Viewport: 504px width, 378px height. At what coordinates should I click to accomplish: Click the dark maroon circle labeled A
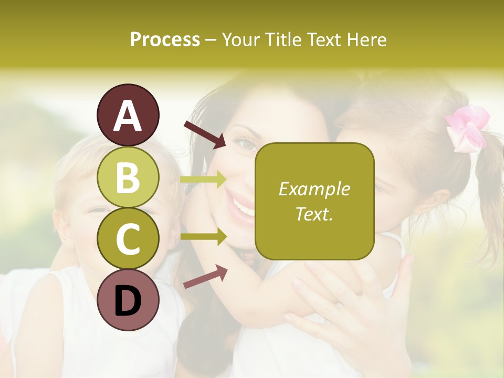pyautogui.click(x=128, y=115)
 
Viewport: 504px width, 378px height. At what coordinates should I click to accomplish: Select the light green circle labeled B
pyautogui.click(x=128, y=176)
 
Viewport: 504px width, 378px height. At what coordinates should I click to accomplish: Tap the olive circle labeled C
pyautogui.click(x=128, y=238)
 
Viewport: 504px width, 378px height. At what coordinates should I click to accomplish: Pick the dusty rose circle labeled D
pyautogui.click(x=128, y=300)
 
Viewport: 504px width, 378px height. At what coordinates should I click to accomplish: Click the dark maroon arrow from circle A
pyautogui.click(x=205, y=134)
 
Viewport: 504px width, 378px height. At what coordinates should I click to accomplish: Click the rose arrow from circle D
pyautogui.click(x=205, y=277)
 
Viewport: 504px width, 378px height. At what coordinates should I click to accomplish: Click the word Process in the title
pyautogui.click(x=165, y=40)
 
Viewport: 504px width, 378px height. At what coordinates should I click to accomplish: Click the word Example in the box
pyautogui.click(x=314, y=189)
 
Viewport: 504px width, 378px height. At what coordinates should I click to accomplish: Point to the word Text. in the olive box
pyautogui.click(x=314, y=214)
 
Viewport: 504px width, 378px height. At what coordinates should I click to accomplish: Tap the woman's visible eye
pyautogui.click(x=246, y=142)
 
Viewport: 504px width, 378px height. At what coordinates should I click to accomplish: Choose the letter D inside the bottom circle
pyautogui.click(x=128, y=301)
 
